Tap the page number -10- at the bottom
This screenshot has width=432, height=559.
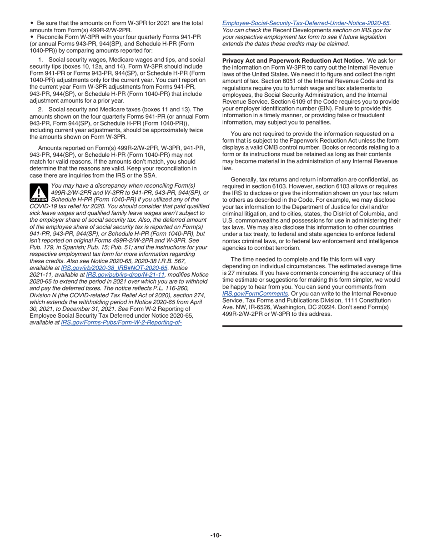pos(216,535)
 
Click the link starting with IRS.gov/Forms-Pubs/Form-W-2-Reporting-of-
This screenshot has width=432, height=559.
pos(121,323)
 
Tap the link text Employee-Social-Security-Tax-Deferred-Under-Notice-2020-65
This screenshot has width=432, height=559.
pos(306,23)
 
